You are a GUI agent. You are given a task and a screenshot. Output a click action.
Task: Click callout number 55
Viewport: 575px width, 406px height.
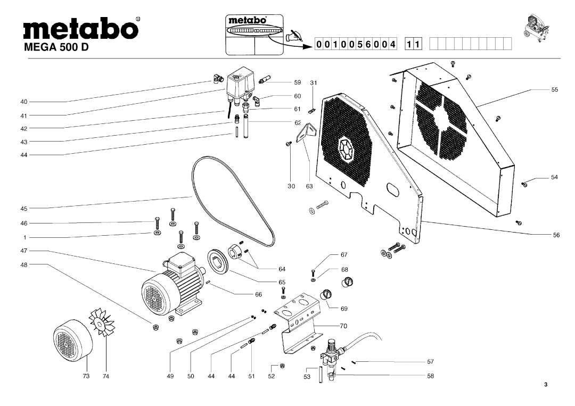click(554, 90)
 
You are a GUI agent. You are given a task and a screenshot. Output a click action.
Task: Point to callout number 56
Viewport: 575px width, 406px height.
click(554, 234)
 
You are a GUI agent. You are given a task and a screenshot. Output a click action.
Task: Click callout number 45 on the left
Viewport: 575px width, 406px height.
click(24, 208)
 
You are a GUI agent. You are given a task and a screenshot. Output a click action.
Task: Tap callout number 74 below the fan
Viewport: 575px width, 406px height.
click(106, 376)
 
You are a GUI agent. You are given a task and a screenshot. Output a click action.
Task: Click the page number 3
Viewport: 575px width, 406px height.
click(546, 385)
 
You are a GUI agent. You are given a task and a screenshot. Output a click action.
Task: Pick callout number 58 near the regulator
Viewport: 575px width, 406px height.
click(430, 375)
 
